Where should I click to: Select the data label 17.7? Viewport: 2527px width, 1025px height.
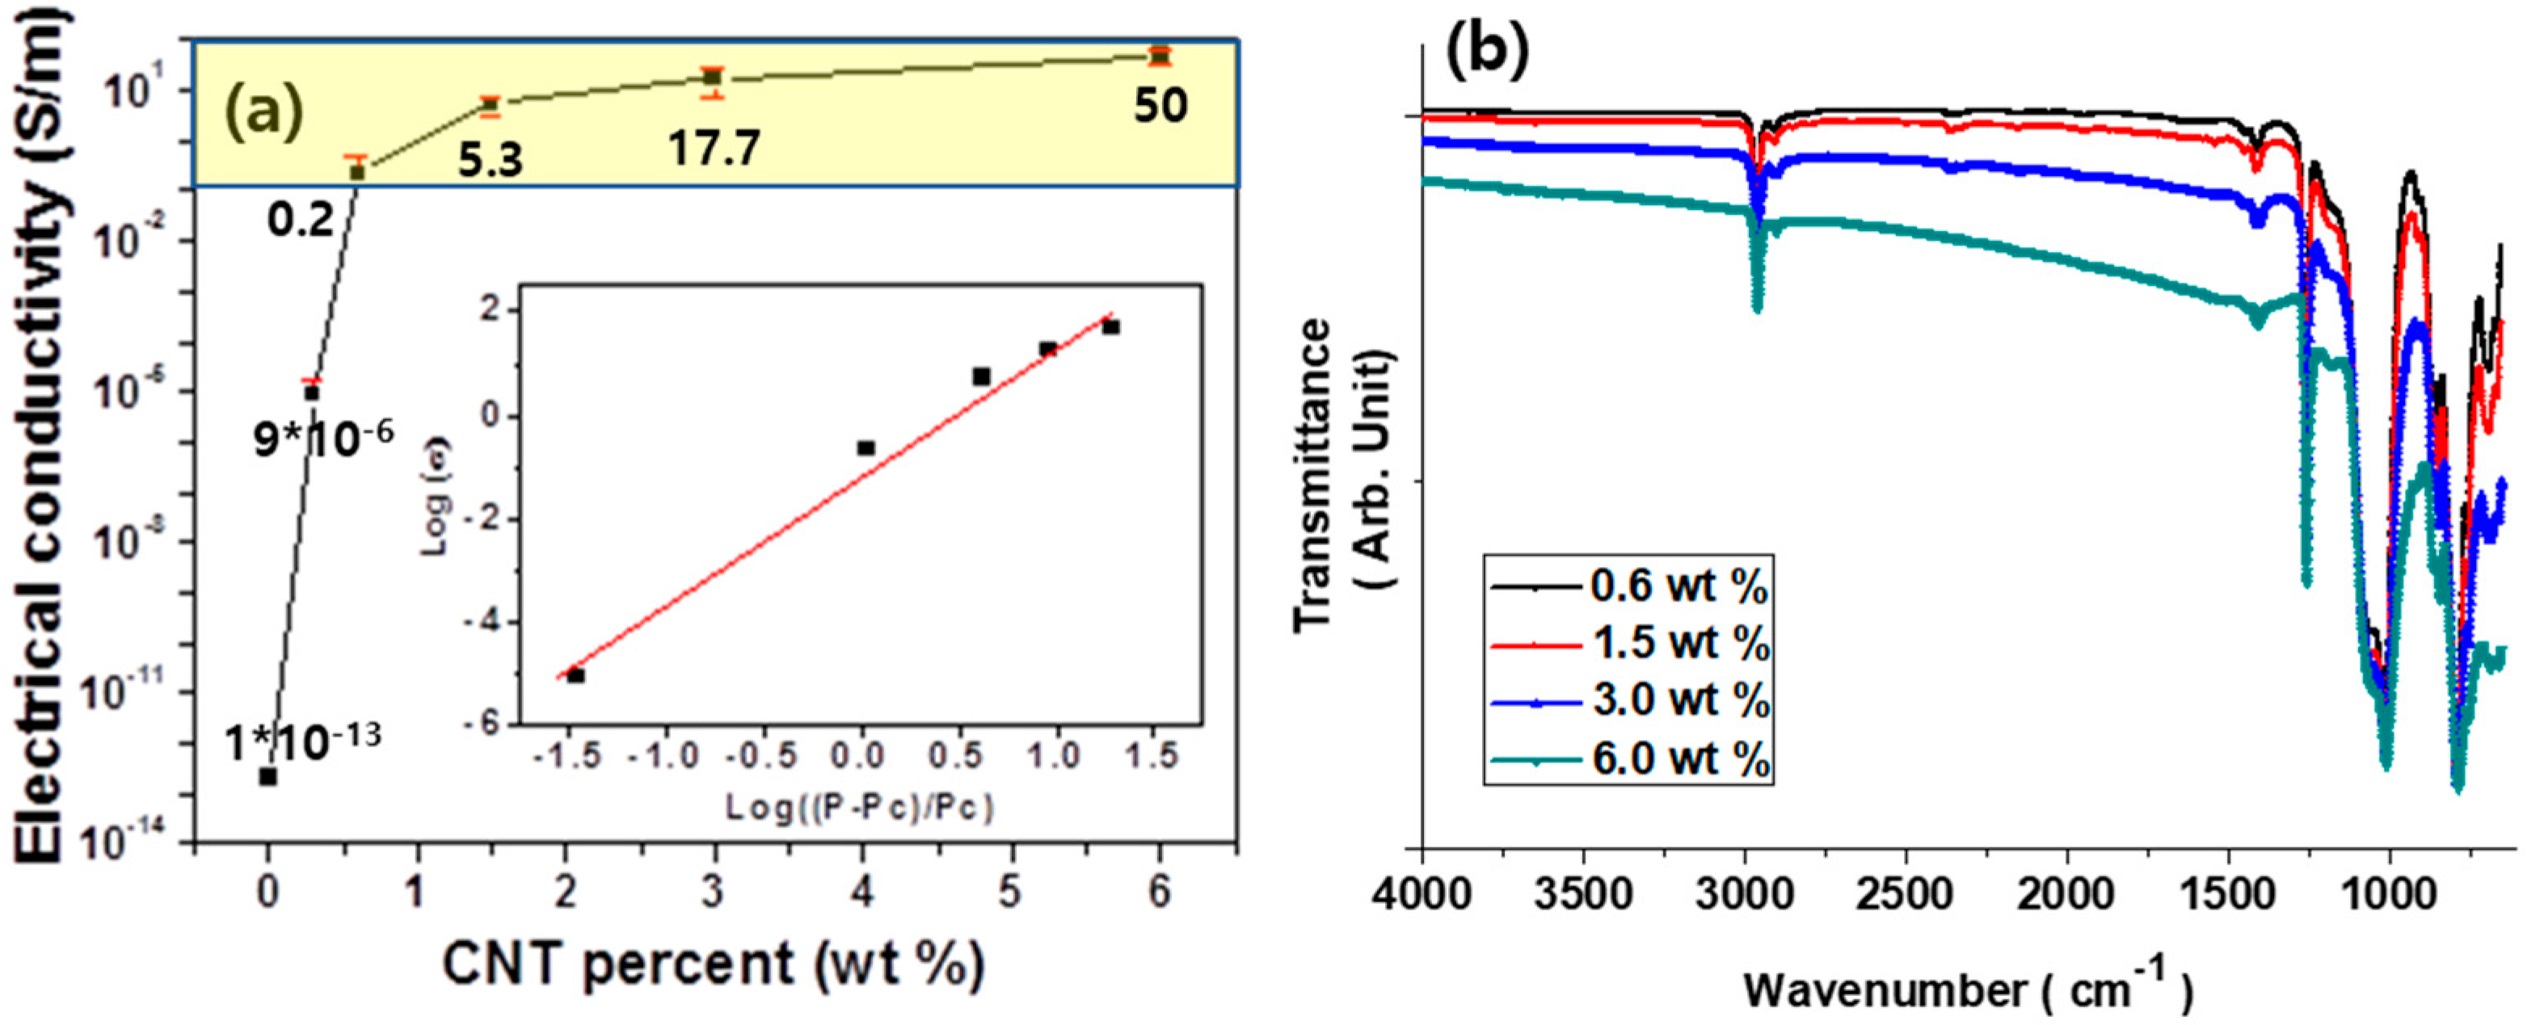pos(714,150)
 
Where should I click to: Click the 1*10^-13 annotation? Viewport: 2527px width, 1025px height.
pos(302,742)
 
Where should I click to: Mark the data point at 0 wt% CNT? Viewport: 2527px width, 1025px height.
pos(267,776)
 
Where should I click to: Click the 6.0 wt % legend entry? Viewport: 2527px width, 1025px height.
pos(1680,758)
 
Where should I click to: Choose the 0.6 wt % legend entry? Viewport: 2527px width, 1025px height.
pos(1680,586)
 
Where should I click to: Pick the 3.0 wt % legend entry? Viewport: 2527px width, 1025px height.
pos(1680,701)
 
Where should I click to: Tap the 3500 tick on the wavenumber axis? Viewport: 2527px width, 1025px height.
pos(1583,894)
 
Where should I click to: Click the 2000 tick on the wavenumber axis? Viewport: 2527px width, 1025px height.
pos(2067,894)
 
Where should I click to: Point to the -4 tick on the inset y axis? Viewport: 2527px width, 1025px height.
pos(491,622)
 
